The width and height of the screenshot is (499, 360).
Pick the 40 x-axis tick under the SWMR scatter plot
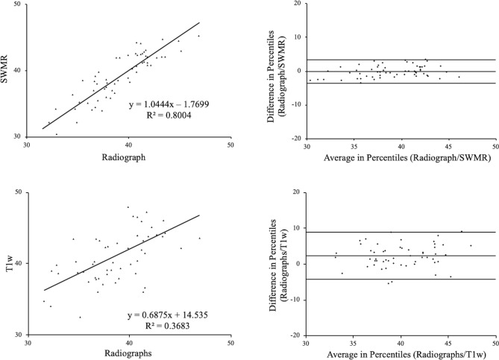(x=129, y=147)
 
